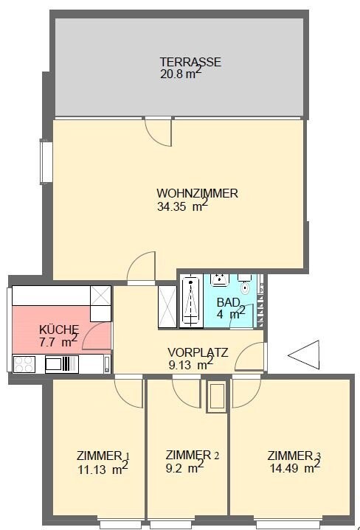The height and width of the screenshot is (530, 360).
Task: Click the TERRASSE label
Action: point(191,62)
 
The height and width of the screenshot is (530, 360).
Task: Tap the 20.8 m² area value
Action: point(180,74)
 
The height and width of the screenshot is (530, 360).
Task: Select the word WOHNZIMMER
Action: point(197,194)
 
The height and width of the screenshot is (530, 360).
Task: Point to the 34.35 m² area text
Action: point(182,207)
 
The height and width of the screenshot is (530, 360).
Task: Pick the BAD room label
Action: point(227,301)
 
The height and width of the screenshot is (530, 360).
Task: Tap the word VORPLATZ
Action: point(198,352)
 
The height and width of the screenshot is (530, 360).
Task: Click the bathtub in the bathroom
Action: point(191,301)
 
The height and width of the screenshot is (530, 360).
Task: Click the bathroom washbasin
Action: point(221,279)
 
